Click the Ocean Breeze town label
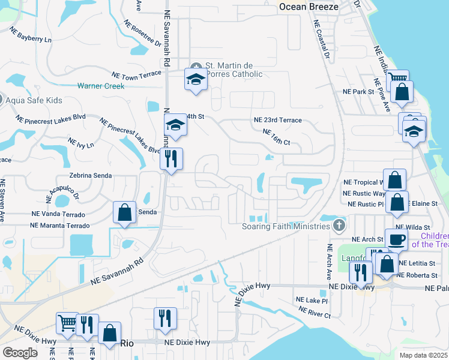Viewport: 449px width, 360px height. pyautogui.click(x=309, y=7)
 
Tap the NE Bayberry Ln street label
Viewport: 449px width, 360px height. pyautogui.click(x=26, y=38)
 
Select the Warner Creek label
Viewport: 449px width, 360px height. pyautogui.click(x=100, y=86)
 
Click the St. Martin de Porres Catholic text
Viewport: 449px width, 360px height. pyautogui.click(x=234, y=70)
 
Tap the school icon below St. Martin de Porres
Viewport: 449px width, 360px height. pyautogui.click(x=196, y=80)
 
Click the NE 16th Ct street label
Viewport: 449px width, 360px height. pyautogui.click(x=276, y=137)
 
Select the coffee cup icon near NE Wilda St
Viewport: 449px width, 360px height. pyautogui.click(x=396, y=239)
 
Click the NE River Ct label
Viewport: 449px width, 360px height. pyautogui.click(x=314, y=311)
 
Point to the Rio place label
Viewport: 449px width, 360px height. pyautogui.click(x=127, y=343)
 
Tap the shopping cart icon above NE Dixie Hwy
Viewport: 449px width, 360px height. pyautogui.click(x=67, y=323)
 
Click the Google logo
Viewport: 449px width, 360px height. pyautogui.click(x=20, y=353)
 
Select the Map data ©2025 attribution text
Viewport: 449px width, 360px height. pyautogui.click(x=423, y=355)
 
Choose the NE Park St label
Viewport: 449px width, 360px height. pyautogui.click(x=358, y=92)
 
